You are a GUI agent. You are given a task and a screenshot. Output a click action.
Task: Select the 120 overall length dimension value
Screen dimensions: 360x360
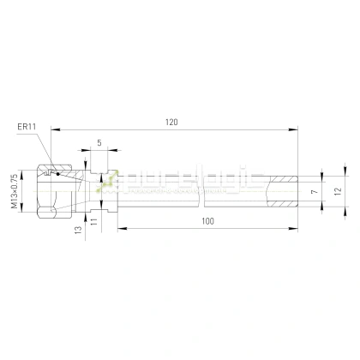pyautogui.click(x=171, y=123)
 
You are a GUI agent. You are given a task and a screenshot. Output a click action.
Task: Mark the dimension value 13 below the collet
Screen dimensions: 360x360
pyautogui.click(x=78, y=230)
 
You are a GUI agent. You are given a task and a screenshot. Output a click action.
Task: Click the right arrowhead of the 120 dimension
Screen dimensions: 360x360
pyautogui.click(x=295, y=129)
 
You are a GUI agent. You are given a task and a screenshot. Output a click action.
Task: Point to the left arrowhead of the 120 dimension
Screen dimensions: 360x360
pyautogui.click(x=55, y=129)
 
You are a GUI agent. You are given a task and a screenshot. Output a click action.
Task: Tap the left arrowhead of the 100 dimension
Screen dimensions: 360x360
pyautogui.click(x=121, y=228)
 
